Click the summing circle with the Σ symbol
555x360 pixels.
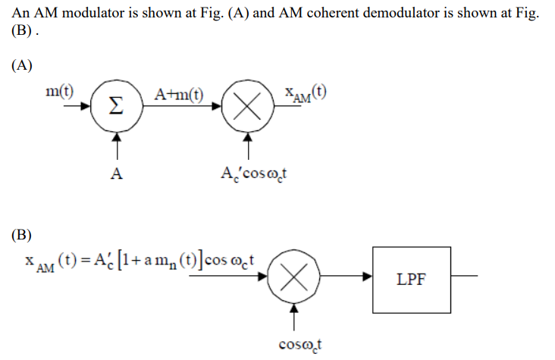pos(115,107)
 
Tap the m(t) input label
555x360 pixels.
pos(60,93)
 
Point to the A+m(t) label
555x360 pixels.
pos(179,95)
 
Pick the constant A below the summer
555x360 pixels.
pos(116,173)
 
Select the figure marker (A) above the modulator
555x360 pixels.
pos(22,65)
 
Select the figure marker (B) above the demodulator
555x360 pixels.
pos(22,234)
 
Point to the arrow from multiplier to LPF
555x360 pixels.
pos(345,277)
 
